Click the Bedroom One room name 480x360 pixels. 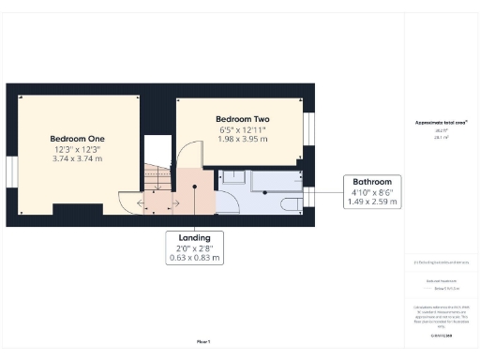pos(76,138)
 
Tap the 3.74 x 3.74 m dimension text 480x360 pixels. pos(76,159)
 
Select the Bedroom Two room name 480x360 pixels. pos(242,119)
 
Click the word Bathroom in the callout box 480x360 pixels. pos(372,181)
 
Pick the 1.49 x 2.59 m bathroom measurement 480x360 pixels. pos(372,201)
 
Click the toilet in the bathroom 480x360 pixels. pos(290,203)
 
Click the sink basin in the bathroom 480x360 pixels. pos(232,176)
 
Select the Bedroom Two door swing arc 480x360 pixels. pos(190,154)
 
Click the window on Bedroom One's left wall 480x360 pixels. pos(10,172)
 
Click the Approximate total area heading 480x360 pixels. pos(440,123)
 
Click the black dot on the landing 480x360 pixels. pos(195,186)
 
